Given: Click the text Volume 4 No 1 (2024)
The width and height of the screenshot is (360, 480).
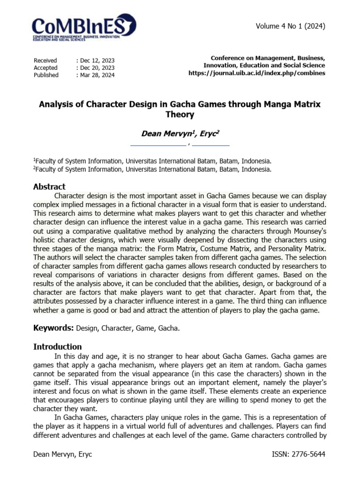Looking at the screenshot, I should pyautogui.click(x=290, y=26).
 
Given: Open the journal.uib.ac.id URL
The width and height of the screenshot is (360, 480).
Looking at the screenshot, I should pyautogui.click(x=256, y=73).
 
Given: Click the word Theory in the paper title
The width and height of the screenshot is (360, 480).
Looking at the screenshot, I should pyautogui.click(x=180, y=114).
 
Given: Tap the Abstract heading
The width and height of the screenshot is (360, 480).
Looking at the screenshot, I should pyautogui.click(x=49, y=187).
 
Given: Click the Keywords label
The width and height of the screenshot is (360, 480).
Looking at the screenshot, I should pyautogui.click(x=53, y=328).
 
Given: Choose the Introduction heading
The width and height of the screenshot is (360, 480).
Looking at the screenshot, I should pyautogui.click(x=57, y=347).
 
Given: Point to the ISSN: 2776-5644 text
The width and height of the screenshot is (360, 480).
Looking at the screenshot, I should pyautogui.click(x=298, y=455).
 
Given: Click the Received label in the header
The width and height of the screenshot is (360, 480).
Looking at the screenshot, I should pyautogui.click(x=45, y=60).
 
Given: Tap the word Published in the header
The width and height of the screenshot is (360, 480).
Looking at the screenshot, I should pyautogui.click(x=46, y=75).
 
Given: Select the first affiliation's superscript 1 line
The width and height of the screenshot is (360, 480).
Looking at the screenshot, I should pyautogui.click(x=152, y=160).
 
